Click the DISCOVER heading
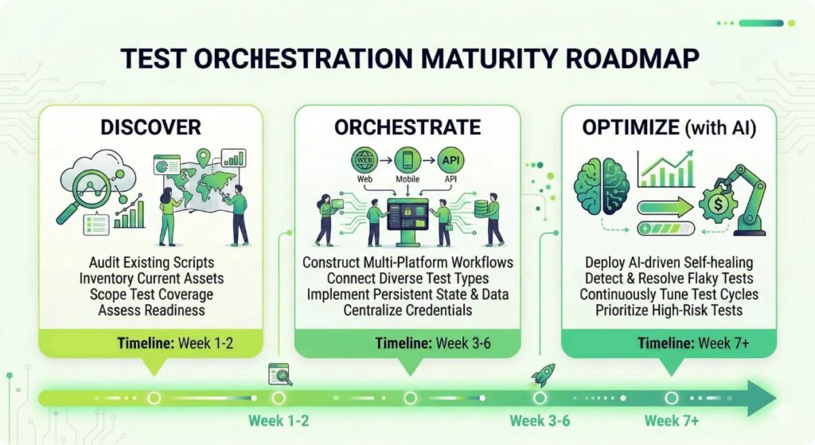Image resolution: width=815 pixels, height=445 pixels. (150, 127)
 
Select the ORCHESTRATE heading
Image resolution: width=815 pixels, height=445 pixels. (407, 127)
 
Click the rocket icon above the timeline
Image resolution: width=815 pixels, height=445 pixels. (540, 374)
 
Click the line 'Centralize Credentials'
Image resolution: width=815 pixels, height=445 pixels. (407, 310)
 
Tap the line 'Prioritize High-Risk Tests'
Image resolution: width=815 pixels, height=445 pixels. (669, 310)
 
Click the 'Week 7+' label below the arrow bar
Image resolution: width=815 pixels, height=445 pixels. (671, 420)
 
